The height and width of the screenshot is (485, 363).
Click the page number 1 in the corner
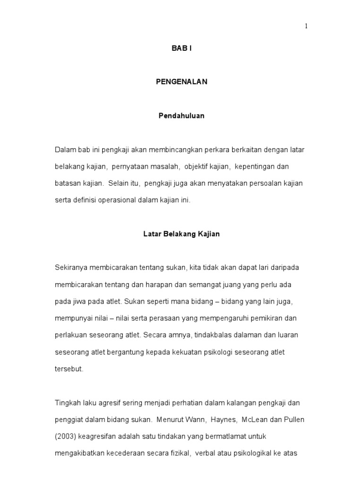[x=306, y=27]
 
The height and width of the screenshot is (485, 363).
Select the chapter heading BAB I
[x=181, y=49]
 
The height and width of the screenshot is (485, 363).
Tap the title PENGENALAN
[x=181, y=81]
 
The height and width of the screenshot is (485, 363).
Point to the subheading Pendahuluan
[x=181, y=116]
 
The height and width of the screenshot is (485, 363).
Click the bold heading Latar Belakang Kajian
[x=181, y=234]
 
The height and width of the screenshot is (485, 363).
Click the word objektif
[x=198, y=167]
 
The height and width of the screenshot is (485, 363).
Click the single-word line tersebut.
[x=69, y=369]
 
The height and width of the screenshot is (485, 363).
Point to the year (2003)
[x=65, y=436]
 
